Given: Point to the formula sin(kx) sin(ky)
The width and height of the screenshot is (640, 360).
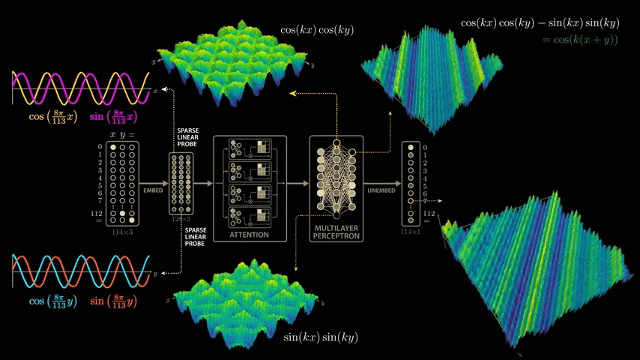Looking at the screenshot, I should tap(320, 337).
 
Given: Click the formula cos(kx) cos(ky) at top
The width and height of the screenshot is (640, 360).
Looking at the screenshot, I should tap(317, 30).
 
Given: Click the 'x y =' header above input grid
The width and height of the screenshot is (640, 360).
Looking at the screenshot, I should tap(122, 134).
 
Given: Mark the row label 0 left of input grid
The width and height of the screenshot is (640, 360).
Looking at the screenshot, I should tap(100, 147).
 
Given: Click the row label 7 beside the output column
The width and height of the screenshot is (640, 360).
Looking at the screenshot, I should tap(425, 201).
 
